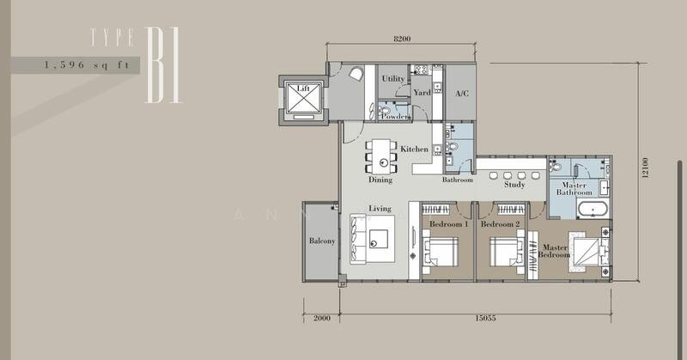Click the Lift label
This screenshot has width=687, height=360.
(301, 88)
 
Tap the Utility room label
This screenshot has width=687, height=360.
(393, 78)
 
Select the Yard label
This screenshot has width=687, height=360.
(422, 92)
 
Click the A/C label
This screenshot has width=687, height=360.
(461, 93)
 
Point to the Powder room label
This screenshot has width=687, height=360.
(396, 116)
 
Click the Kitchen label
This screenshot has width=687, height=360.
(414, 149)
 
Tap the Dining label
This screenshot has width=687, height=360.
(380, 180)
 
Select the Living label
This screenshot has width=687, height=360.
(380, 208)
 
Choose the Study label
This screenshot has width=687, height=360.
(514, 184)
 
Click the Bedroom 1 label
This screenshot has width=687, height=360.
(448, 223)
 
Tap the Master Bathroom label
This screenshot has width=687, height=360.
(574, 189)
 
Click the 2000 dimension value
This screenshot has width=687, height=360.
(321, 317)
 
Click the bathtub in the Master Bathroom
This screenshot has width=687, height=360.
(590, 210)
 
